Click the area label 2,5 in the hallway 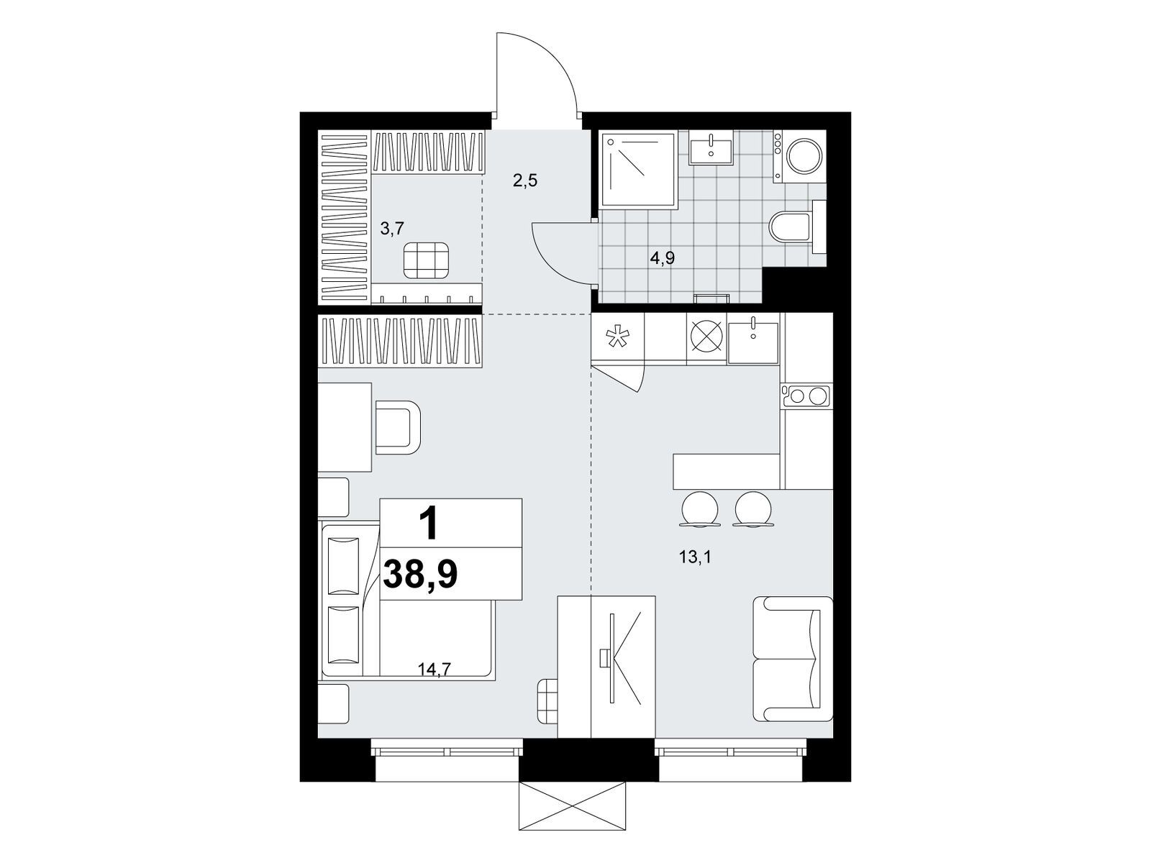(525, 182)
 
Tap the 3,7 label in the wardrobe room (392, 229)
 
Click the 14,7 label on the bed (435, 669)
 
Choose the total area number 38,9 (421, 575)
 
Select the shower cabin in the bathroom (639, 169)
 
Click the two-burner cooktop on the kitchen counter (806, 396)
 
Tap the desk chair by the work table (399, 427)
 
